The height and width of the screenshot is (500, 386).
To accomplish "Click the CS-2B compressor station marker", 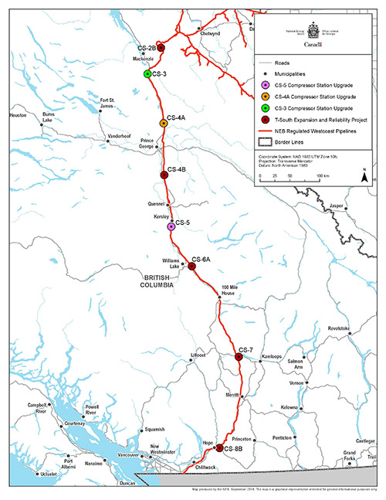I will (x=161, y=47).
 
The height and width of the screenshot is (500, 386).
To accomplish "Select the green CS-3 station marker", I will (x=147, y=73).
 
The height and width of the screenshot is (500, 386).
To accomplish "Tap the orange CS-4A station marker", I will (x=163, y=123).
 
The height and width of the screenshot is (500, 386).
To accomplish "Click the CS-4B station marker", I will (x=164, y=175).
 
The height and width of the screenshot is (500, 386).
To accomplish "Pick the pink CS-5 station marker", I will (x=171, y=226).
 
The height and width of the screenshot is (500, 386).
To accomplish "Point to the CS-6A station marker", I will (x=191, y=266).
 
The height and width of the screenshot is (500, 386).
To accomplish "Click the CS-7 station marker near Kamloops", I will (x=239, y=356).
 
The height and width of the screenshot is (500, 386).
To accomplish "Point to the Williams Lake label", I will (x=172, y=264).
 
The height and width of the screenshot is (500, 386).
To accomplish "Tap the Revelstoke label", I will (x=338, y=328).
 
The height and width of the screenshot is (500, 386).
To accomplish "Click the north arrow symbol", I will (x=363, y=175).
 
